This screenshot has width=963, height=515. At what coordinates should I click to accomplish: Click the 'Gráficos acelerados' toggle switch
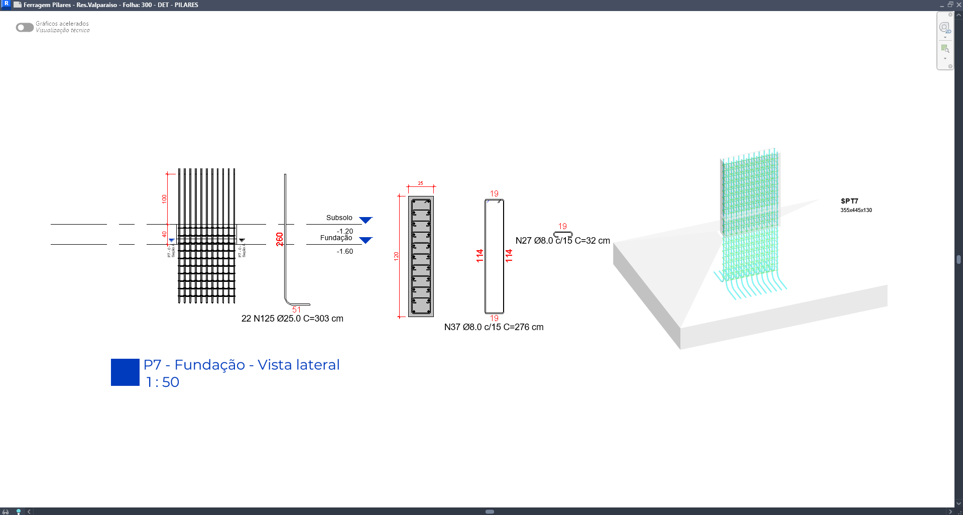(25, 27)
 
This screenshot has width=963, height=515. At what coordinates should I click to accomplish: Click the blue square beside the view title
(125, 372)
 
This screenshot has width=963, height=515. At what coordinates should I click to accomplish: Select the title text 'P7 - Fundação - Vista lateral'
(242, 365)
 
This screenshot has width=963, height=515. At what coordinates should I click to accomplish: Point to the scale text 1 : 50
(162, 382)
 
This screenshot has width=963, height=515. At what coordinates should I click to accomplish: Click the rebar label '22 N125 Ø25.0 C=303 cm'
(292, 319)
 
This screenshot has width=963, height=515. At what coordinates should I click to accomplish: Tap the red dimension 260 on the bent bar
(280, 239)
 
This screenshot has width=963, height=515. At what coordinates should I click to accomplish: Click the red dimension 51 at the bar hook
(296, 310)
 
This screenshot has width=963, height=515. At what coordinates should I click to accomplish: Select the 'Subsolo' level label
(339, 218)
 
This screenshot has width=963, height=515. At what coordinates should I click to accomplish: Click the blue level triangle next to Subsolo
(366, 220)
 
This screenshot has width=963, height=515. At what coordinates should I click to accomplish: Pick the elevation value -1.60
(345, 251)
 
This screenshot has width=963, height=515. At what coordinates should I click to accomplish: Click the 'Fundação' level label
(336, 238)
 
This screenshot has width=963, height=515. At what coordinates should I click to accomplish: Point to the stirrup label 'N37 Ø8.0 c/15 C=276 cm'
(494, 327)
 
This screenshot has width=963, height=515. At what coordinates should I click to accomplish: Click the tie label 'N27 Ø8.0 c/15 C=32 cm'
(563, 241)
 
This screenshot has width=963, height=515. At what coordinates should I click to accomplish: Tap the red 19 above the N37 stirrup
(494, 193)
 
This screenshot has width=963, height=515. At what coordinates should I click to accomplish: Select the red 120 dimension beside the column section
(396, 256)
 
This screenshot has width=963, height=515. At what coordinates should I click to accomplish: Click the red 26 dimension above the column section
(420, 183)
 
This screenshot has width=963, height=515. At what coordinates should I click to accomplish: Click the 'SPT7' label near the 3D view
(850, 201)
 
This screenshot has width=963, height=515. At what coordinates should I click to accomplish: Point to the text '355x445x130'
(856, 210)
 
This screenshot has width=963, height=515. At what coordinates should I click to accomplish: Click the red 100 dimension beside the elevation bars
(164, 198)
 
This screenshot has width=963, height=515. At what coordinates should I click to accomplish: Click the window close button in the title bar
(958, 5)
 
